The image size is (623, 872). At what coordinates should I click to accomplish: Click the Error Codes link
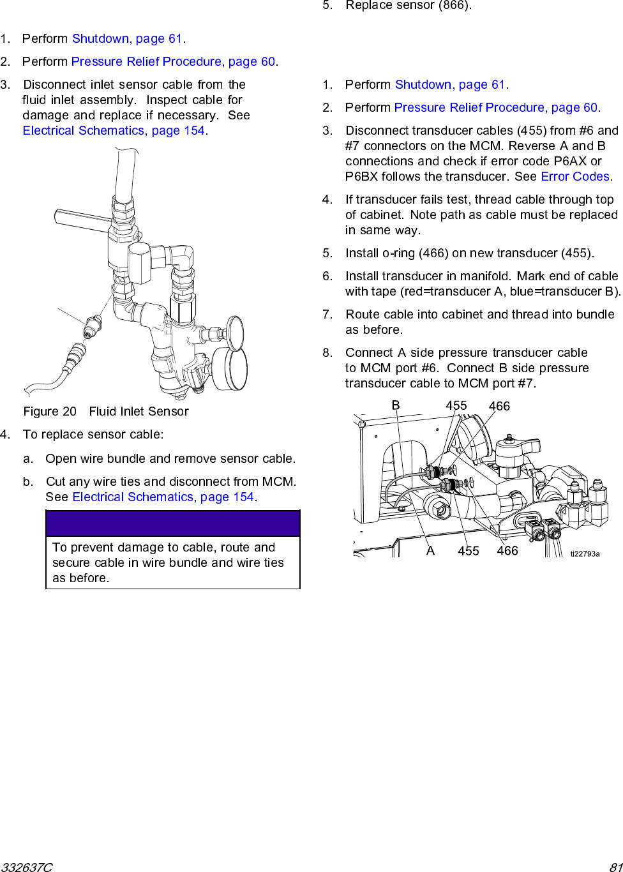(575, 177)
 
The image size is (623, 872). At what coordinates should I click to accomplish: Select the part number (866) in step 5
(454, 6)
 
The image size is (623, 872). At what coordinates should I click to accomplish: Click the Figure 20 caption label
(50, 412)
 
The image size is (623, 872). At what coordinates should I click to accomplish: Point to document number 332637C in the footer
(27, 867)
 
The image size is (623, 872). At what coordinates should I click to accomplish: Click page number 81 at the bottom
(615, 867)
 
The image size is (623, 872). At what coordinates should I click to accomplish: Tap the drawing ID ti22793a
(585, 554)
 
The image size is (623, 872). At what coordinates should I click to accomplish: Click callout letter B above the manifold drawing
(396, 406)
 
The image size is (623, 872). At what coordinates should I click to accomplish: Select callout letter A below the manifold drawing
(430, 551)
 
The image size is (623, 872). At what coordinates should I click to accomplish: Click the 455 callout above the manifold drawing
(456, 406)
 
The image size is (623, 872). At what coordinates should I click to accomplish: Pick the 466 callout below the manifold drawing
(507, 551)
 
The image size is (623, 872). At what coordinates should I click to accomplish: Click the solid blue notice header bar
(173, 523)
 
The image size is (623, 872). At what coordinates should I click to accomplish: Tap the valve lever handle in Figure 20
(80, 219)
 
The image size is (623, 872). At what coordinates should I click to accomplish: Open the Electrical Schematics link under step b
(163, 497)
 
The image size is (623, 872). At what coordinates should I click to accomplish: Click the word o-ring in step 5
(398, 253)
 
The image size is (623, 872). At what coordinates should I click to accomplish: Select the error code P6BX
(362, 177)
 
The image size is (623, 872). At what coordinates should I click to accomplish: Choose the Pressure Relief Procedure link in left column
(173, 62)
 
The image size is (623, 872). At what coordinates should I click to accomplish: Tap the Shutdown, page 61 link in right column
(450, 85)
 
